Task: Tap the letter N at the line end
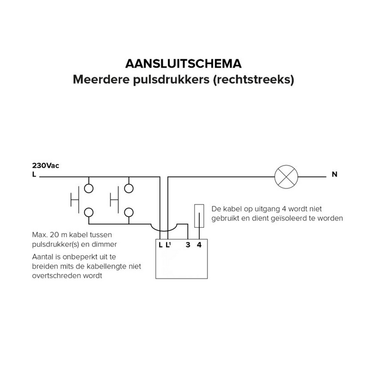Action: pos(334,175)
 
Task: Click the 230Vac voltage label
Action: pos(45,165)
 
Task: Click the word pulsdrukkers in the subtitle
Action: pos(172,79)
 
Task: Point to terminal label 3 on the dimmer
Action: pos(187,245)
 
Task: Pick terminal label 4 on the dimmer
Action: pos(199,245)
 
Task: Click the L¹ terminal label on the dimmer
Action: pos(169,245)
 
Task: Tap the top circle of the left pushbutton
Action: pos(89,188)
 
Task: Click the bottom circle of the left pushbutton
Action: pos(89,212)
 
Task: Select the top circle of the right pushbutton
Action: pos(129,188)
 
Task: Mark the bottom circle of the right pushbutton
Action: pos(129,212)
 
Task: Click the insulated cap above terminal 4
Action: pos(199,216)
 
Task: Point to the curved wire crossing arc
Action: pos(164,227)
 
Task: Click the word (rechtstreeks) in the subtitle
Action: pos(253,79)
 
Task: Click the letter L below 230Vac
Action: pos(34,175)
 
